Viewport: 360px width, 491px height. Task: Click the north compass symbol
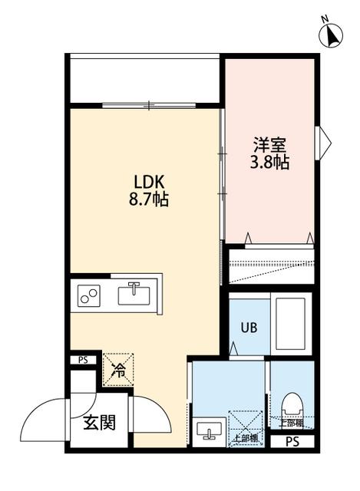(332, 35)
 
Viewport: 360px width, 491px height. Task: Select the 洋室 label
(269, 145)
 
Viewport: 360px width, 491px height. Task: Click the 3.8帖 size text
(269, 163)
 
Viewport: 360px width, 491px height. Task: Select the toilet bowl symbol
(292, 405)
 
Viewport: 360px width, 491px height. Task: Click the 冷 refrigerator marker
(118, 370)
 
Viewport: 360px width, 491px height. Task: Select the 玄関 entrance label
(100, 422)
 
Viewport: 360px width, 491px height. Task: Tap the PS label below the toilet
(292, 441)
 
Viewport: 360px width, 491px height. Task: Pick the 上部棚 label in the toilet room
(291, 423)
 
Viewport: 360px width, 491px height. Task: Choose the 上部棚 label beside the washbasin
(245, 439)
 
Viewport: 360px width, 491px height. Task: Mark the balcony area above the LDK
(144, 79)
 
